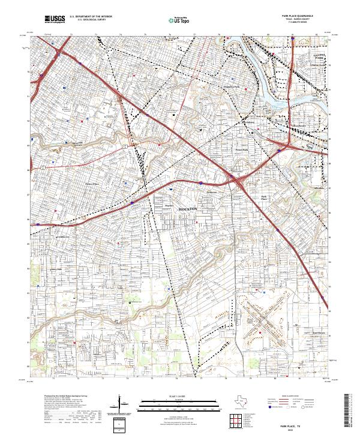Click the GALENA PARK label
click(x=319, y=58)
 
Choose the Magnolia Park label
click(x=231, y=87)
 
